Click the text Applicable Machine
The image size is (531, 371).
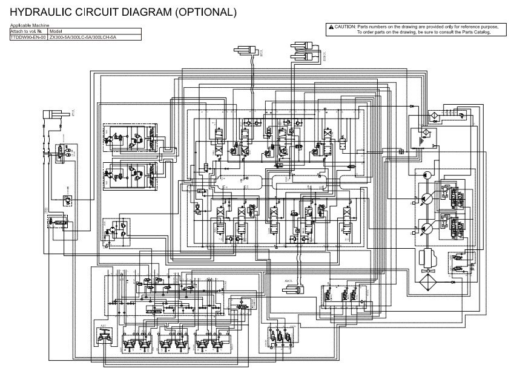[x=25, y=25]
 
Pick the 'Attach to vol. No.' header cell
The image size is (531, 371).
[x=28, y=30]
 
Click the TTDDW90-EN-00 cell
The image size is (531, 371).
[x=28, y=36]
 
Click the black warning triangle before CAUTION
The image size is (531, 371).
[x=330, y=27]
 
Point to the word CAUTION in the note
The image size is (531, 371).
[x=345, y=27]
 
